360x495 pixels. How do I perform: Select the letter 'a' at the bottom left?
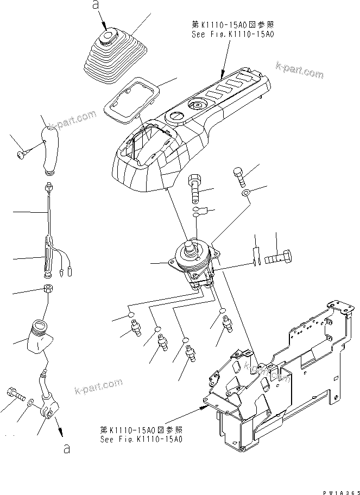coord(66,448)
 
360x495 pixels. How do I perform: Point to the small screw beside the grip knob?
coord(21,156)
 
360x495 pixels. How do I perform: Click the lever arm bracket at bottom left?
coord(47,404)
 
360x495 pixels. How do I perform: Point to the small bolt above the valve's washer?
coord(238,175)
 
